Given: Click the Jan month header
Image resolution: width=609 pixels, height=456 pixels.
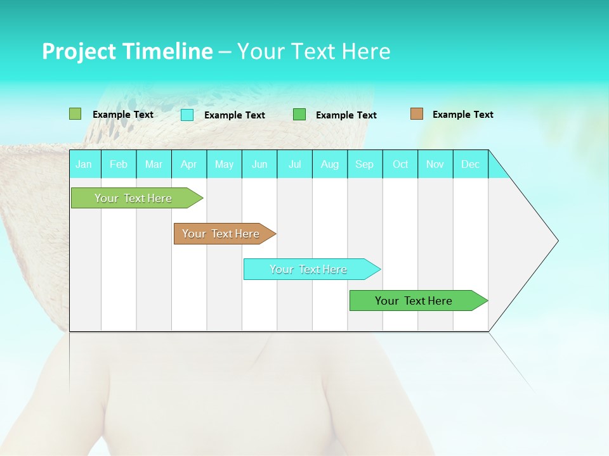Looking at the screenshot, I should (x=84, y=164).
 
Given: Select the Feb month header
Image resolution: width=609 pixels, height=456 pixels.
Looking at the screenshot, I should (x=119, y=164).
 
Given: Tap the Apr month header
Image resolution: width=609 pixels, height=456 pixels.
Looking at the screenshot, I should (x=188, y=164).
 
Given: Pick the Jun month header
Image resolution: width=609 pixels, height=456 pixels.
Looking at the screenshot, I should (x=259, y=164).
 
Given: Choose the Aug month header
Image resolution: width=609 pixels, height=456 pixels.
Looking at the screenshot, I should (x=330, y=164).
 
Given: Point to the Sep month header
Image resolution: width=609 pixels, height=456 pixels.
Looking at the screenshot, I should (x=364, y=164).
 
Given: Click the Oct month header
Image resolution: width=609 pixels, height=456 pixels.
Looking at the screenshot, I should (x=400, y=164).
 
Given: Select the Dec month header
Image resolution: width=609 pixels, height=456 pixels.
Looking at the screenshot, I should (x=471, y=164).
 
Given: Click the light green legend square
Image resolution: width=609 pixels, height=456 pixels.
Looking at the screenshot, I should (x=75, y=114).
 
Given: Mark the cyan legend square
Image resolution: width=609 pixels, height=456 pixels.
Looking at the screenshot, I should (x=187, y=115).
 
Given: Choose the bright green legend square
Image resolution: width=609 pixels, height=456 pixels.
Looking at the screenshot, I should (x=299, y=115).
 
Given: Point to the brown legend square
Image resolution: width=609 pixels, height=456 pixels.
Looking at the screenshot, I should (x=417, y=114).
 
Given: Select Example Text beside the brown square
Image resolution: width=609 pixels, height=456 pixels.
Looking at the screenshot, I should (x=462, y=115).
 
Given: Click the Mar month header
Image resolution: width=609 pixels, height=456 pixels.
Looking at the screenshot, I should (x=154, y=164).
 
